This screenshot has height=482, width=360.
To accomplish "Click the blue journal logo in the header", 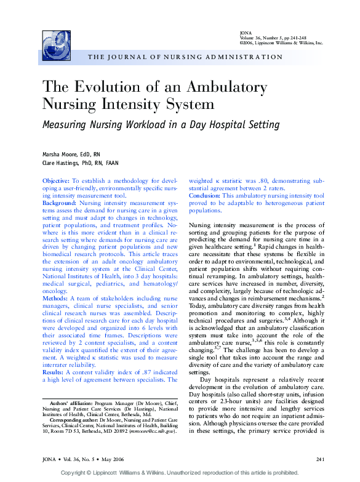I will click(x=57, y=45).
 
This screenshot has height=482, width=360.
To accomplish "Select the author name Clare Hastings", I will click(x=63, y=163).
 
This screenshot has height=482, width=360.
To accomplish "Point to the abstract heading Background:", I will click(x=59, y=203).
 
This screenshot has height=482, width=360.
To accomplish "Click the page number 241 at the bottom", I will click(x=319, y=459).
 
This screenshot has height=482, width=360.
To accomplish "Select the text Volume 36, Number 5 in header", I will click(x=264, y=38).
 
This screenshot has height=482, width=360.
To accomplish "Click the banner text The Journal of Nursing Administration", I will click(x=185, y=57).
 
